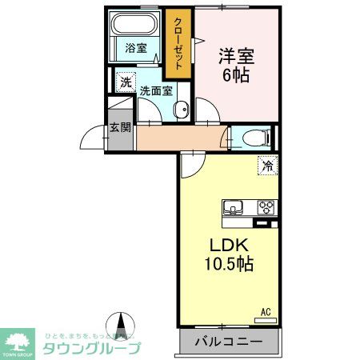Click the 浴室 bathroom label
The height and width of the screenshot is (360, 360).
(x=135, y=48)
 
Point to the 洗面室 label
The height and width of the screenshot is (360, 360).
(x=156, y=90)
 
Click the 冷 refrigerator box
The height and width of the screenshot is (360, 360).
(x=267, y=166)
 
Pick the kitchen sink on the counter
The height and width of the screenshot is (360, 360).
(x=234, y=208)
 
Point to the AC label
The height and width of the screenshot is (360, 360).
(x=266, y=310)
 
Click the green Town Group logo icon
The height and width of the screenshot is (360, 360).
(x=18, y=340)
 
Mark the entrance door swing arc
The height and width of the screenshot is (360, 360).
(x=94, y=139)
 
